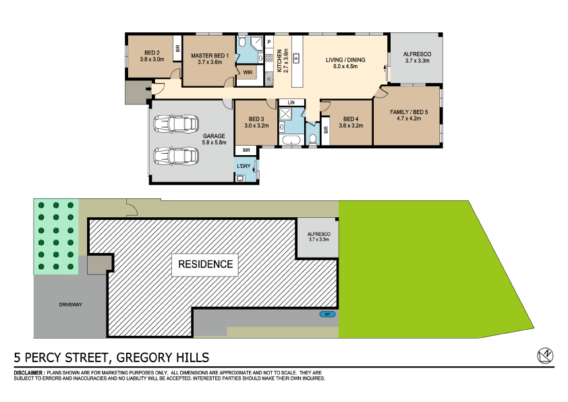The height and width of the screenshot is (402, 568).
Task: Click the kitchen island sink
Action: [x=295, y=60]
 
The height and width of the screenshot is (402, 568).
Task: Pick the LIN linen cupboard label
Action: [x=291, y=103]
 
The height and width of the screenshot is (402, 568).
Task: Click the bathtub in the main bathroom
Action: [x=291, y=140]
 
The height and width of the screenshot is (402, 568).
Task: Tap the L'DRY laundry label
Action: [x=243, y=165]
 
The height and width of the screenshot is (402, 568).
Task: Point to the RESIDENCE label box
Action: [x=206, y=264]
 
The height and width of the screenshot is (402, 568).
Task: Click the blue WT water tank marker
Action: [x=327, y=314]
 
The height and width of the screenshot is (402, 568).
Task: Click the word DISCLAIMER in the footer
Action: [x=29, y=373]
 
